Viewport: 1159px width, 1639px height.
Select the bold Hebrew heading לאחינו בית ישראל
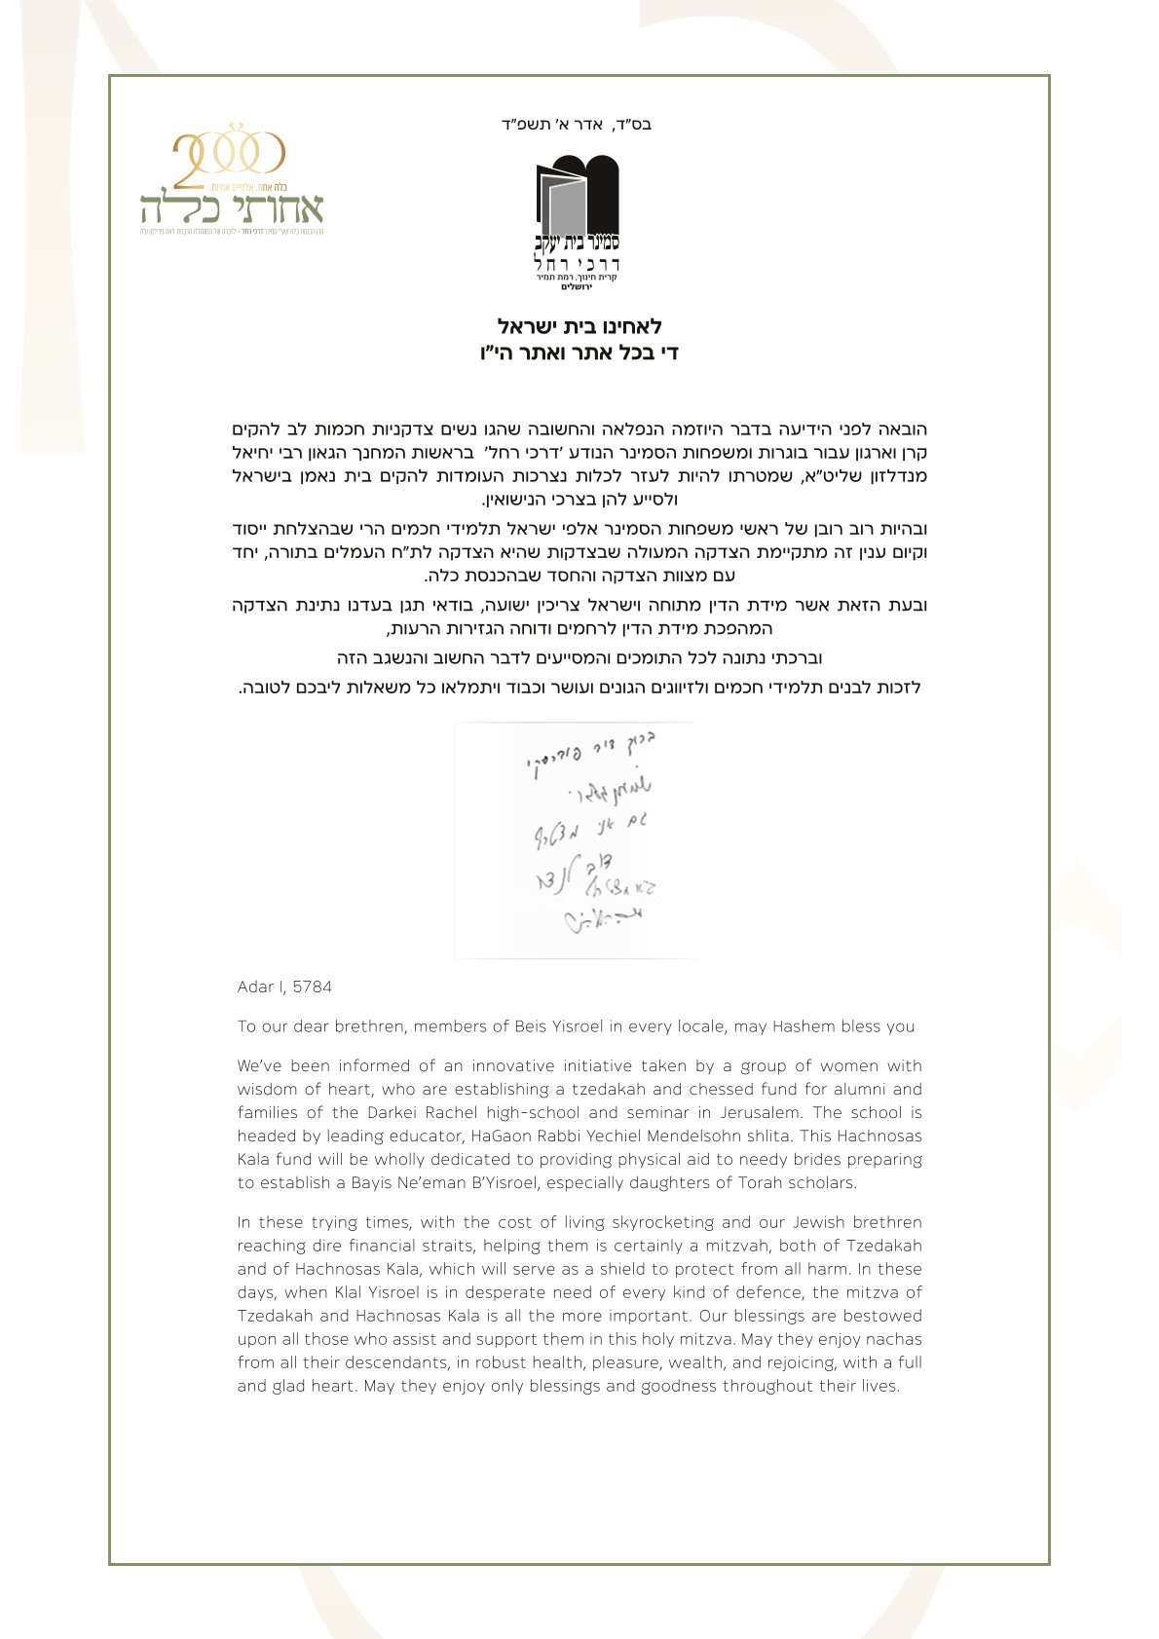click(579, 326)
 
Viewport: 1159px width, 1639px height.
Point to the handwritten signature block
click(577, 839)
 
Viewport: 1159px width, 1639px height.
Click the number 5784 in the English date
click(312, 987)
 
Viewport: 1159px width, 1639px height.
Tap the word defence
click(838, 1293)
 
